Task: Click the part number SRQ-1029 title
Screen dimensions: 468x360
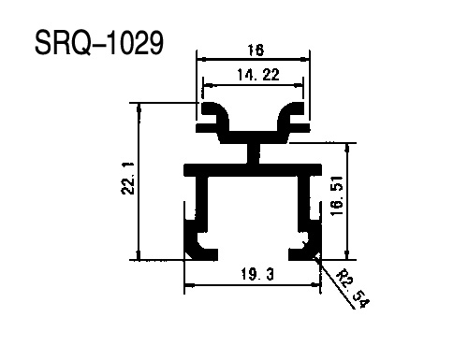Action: point(99,43)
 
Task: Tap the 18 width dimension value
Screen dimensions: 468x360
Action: point(256,50)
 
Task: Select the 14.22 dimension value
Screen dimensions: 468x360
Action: point(258,75)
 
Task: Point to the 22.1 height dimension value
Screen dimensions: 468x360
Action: point(128,179)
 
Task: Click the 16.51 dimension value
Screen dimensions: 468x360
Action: point(337,195)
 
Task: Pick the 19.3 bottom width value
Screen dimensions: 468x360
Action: point(257,275)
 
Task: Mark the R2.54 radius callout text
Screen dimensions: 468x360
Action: point(354,288)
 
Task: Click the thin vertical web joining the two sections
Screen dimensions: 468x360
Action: point(254,153)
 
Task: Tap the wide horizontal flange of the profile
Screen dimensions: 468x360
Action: point(253,170)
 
